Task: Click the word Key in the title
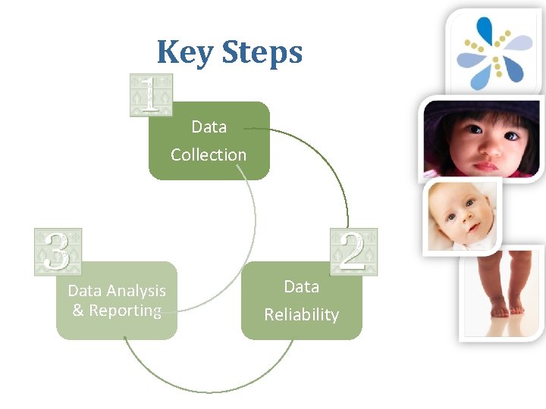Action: tap(185, 52)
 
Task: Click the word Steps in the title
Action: tap(262, 52)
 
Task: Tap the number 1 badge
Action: tap(151, 95)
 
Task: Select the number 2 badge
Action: tap(353, 251)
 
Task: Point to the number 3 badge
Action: tap(58, 251)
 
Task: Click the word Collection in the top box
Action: tap(209, 155)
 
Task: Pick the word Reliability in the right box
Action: tap(301, 314)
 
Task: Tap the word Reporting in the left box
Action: tap(126, 311)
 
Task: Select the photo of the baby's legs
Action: tap(502, 292)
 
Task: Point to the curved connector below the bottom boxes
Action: tap(209, 390)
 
